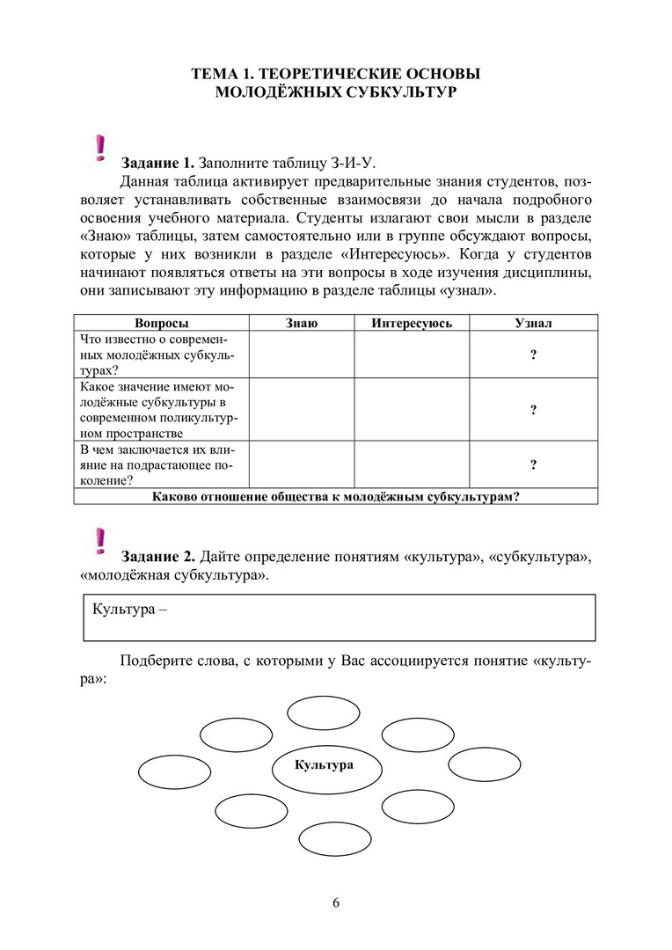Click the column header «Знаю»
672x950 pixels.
pyautogui.click(x=302, y=324)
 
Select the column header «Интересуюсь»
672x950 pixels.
pyautogui.click(x=412, y=324)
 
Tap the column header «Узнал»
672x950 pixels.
pyautogui.click(x=533, y=324)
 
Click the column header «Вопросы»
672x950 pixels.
pyautogui.click(x=162, y=324)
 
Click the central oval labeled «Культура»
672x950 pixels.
pyautogui.click(x=325, y=765)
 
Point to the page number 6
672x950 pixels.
pyautogui.click(x=336, y=902)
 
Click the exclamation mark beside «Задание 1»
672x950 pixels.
pyautogui.click(x=100, y=148)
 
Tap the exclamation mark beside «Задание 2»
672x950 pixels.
pyautogui.click(x=100, y=541)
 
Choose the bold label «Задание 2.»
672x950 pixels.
pyautogui.click(x=158, y=557)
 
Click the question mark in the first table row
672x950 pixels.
pyautogui.click(x=533, y=354)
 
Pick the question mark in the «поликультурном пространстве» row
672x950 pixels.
pyautogui.click(x=533, y=410)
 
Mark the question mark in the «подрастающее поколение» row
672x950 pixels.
pyautogui.click(x=533, y=465)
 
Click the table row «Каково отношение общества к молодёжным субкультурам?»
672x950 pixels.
pyautogui.click(x=336, y=496)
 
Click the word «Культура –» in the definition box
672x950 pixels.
pyautogui.click(x=128, y=610)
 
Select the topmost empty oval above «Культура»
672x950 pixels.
pyautogui.click(x=324, y=712)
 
